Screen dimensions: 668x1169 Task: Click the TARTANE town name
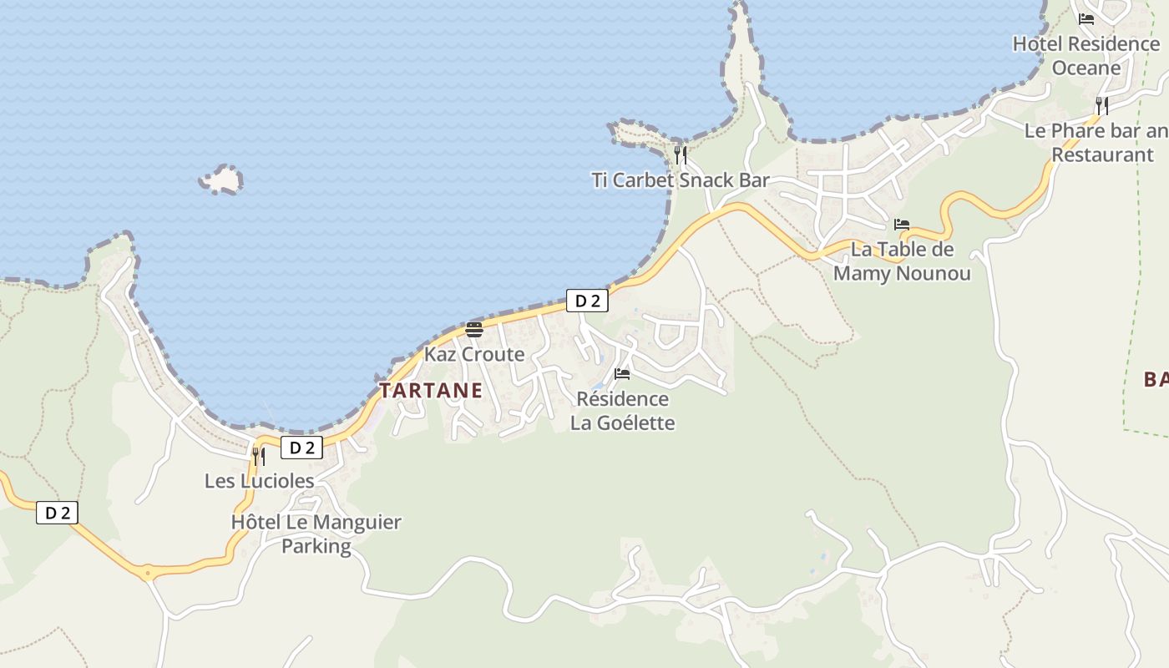pyautogui.click(x=431, y=390)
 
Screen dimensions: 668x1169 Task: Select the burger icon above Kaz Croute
pyautogui.click(x=474, y=329)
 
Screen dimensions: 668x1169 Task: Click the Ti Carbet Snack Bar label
pyautogui.click(x=681, y=180)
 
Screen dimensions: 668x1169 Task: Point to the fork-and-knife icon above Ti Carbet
pyautogui.click(x=681, y=154)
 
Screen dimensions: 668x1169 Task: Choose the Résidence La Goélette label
pyautogui.click(x=622, y=411)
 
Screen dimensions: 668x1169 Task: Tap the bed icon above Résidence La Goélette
pyautogui.click(x=622, y=373)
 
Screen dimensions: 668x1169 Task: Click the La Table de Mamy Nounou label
pyautogui.click(x=902, y=261)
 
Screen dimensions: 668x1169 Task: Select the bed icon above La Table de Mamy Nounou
pyautogui.click(x=902, y=225)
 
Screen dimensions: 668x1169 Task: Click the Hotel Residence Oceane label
pyautogui.click(x=1085, y=55)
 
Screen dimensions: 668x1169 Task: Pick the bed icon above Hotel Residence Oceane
pyautogui.click(x=1086, y=18)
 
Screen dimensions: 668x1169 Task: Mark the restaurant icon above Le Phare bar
pyautogui.click(x=1102, y=105)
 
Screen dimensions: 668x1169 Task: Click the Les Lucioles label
pyautogui.click(x=260, y=481)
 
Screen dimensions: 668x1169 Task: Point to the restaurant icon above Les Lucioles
pyautogui.click(x=259, y=456)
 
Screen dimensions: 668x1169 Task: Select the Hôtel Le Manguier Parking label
pyautogui.click(x=316, y=534)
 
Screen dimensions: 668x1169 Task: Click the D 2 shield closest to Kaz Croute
pyautogui.click(x=587, y=301)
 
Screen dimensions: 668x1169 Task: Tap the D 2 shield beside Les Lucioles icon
pyautogui.click(x=301, y=448)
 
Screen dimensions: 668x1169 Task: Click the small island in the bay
pyautogui.click(x=221, y=180)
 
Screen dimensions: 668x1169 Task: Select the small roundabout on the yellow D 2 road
pyautogui.click(x=148, y=573)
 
